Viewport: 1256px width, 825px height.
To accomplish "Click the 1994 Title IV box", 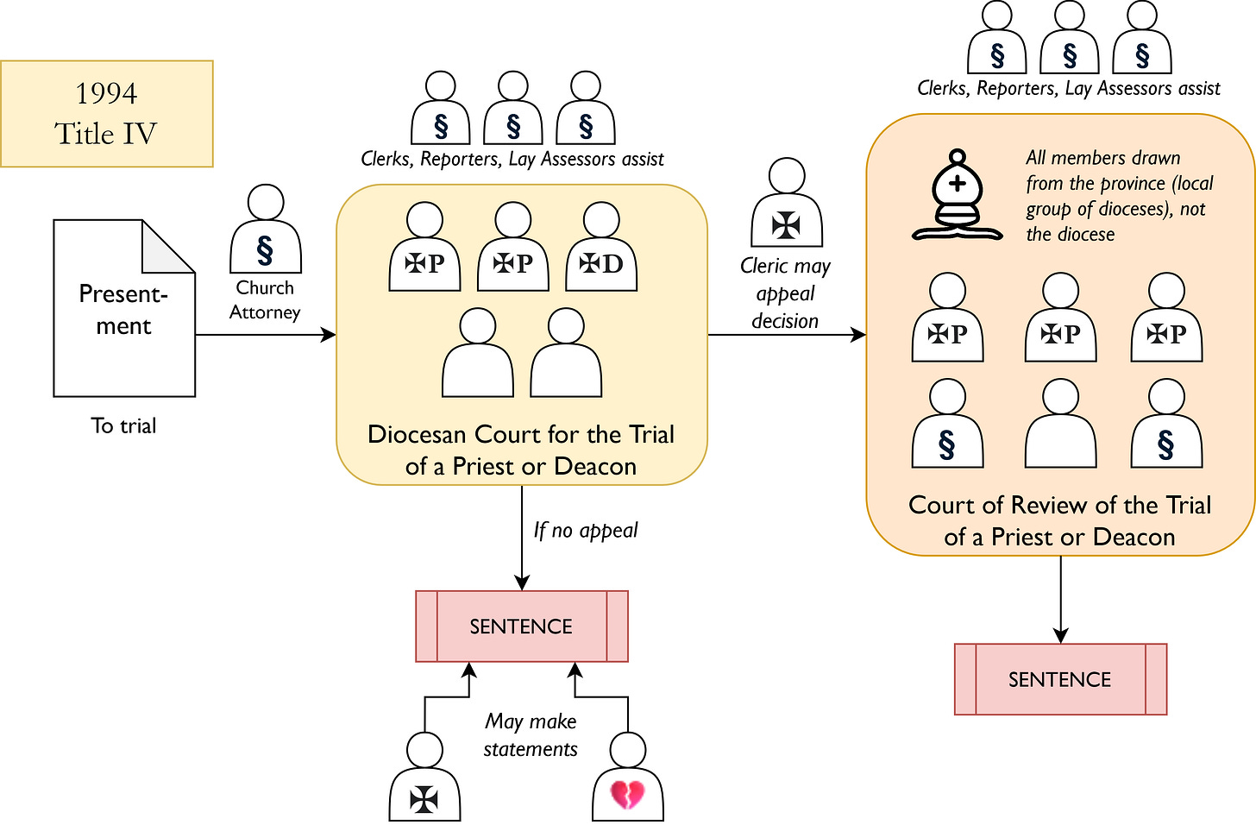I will pos(106,113).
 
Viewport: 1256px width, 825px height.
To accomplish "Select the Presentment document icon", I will pos(123,309).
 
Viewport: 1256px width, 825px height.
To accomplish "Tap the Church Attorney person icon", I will pos(265,231).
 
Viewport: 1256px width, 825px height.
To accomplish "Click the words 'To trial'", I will pos(123,425).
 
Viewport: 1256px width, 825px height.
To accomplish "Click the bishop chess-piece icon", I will pos(957,196).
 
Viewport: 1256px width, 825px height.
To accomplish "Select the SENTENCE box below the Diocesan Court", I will pos(521,627).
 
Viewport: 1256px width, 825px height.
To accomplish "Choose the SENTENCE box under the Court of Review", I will pos(1060,679).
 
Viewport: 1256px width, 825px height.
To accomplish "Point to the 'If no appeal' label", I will pos(585,530).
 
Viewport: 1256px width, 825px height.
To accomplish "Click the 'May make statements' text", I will pos(531,734).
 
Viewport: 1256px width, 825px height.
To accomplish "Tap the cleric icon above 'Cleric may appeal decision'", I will pos(786,205).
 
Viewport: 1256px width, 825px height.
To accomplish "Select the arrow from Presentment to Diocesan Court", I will pos(266,335).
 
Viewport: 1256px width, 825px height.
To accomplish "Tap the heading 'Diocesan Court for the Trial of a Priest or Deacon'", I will pos(521,450).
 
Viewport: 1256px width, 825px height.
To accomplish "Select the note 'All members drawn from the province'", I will pos(1118,196).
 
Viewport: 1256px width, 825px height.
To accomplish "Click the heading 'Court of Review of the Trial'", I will pos(1060,520).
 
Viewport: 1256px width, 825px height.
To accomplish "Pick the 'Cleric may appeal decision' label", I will pos(785,293).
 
